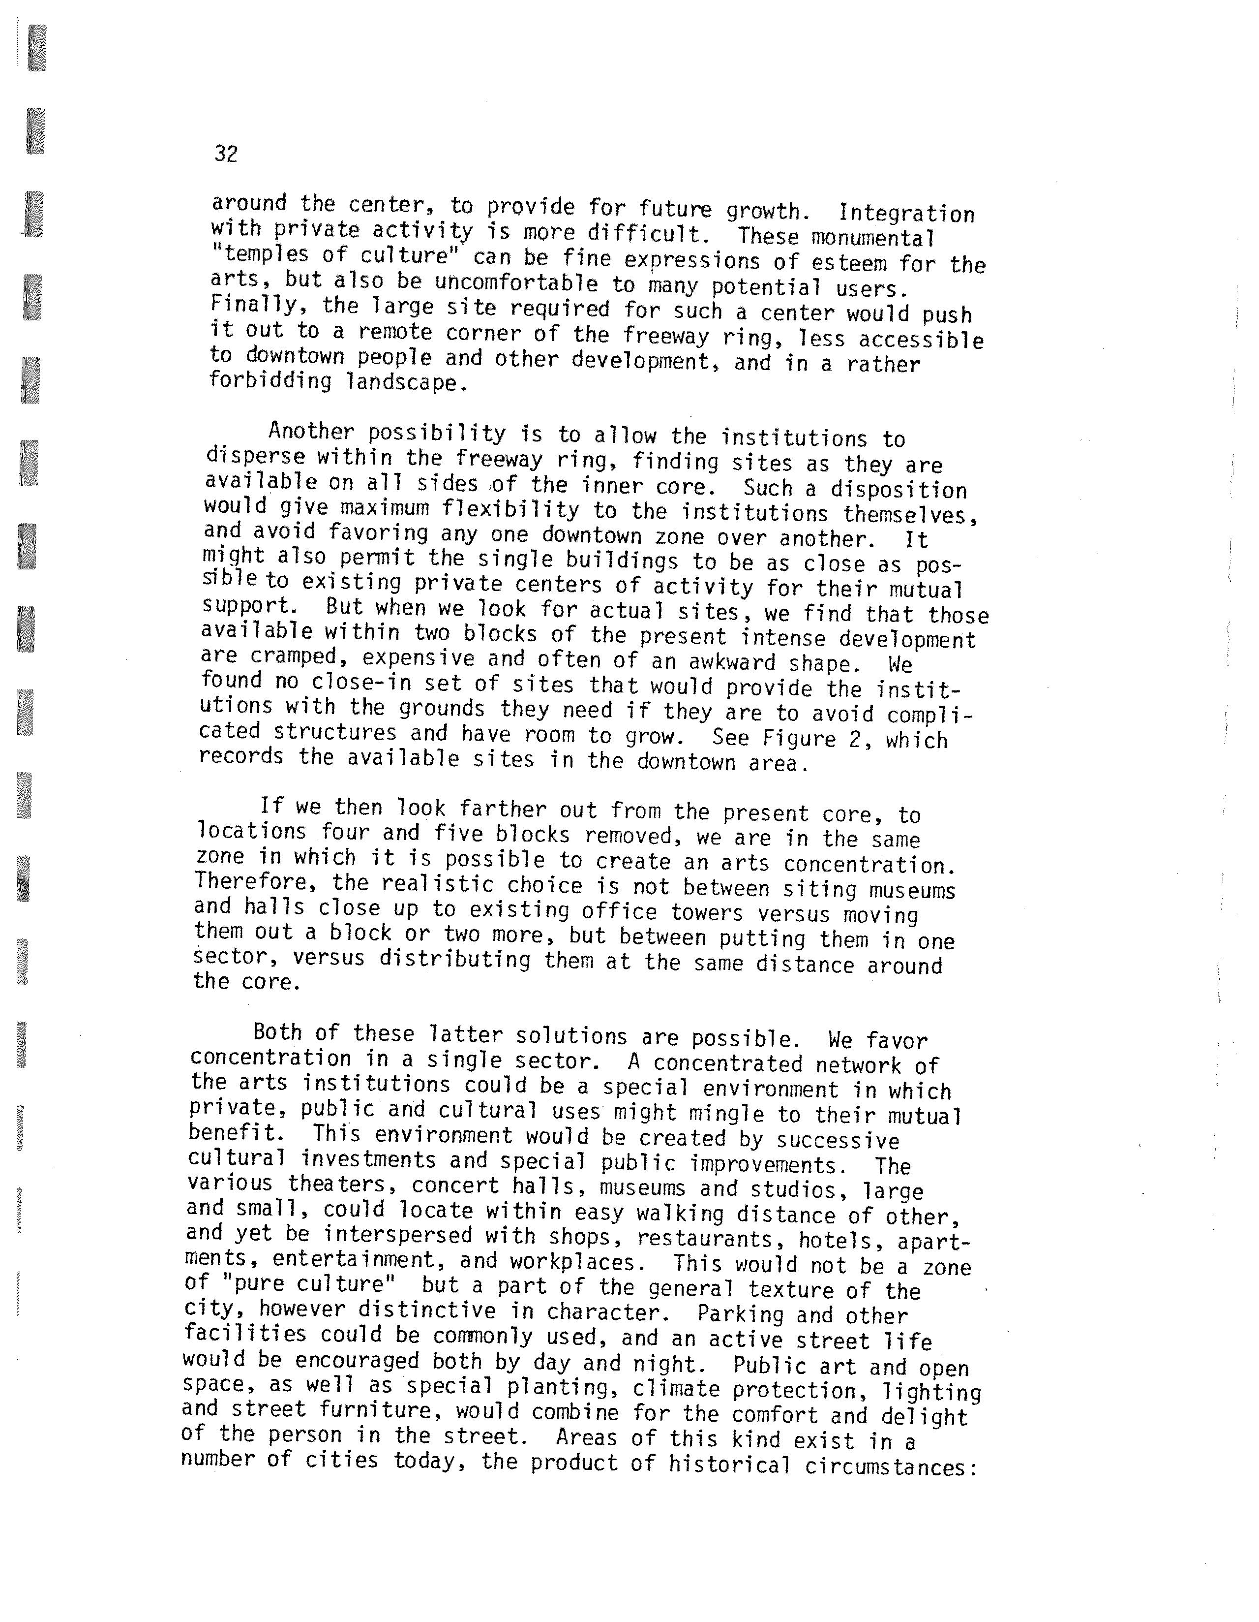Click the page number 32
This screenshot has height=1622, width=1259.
226,154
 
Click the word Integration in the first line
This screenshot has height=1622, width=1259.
906,214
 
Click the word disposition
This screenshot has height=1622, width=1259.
898,490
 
